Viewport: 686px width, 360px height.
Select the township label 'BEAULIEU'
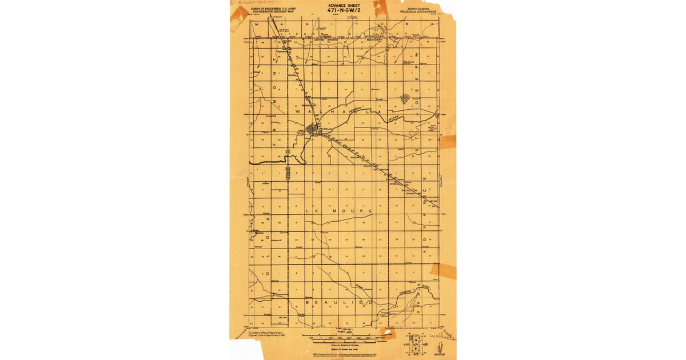coord(340,301)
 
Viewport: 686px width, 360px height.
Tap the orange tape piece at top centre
coord(380,8)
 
